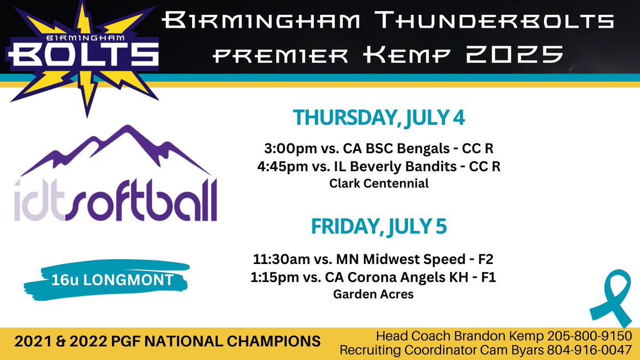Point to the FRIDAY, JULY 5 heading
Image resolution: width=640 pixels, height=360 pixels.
pos(379,226)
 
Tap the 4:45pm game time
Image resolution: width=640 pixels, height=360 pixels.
pos(278,166)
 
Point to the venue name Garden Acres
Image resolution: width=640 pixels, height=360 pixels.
pos(373,294)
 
